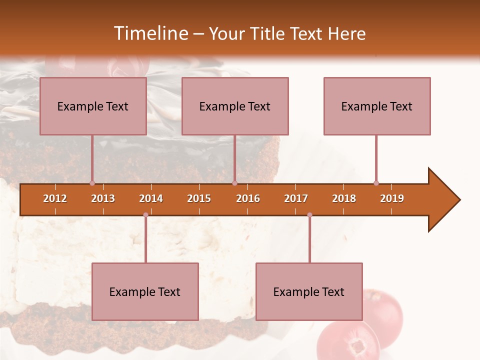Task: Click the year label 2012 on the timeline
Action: [55, 198]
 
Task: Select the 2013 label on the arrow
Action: [103, 198]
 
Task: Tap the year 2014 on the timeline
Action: [151, 198]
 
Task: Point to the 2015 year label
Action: [199, 198]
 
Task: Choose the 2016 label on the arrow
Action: [248, 198]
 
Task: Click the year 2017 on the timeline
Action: [296, 198]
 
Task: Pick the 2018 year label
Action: [344, 198]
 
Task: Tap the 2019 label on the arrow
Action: [392, 198]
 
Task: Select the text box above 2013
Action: [93, 106]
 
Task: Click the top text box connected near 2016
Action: [235, 106]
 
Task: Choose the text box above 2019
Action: [377, 106]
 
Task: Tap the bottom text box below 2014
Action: [145, 291]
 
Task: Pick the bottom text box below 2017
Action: [309, 291]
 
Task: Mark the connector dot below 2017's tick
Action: [309, 215]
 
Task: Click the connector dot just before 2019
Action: [376, 183]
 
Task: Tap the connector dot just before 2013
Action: [92, 183]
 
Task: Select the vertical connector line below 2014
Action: [145, 240]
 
